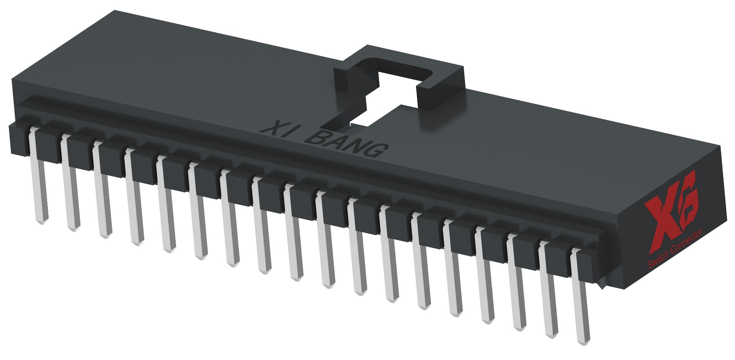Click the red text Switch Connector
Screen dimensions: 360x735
pyautogui.click(x=675, y=248)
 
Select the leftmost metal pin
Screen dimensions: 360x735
pyautogui.click(x=39, y=180)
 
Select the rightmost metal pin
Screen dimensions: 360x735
pyautogui.click(x=580, y=299)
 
